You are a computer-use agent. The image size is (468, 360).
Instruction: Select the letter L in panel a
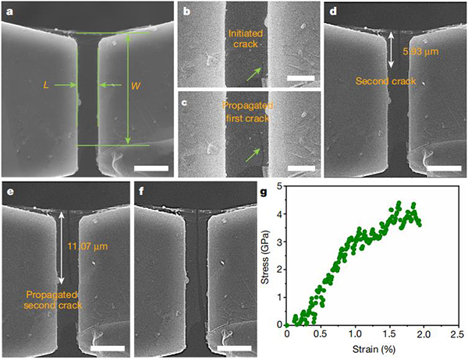pyautogui.click(x=46, y=85)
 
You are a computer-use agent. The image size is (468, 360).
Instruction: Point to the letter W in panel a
pyautogui.click(x=141, y=85)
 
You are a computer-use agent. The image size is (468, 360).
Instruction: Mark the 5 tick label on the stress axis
pyautogui.click(x=278, y=186)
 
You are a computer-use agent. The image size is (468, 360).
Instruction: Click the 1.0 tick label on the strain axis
pyautogui.click(x=356, y=334)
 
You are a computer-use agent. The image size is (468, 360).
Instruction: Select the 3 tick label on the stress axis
pyautogui.click(x=278, y=242)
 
